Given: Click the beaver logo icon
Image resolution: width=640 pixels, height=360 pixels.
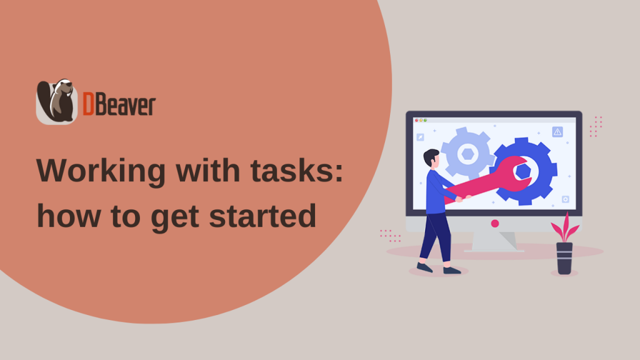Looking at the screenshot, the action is pos(57,102).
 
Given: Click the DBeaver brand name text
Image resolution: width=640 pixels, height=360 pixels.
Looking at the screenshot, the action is pos(119,104).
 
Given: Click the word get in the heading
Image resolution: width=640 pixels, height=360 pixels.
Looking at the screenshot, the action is pos(176,218).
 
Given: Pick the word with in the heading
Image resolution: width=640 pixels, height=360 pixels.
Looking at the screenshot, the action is pos(207,170).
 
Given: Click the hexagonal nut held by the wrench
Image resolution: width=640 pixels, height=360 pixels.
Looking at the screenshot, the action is pos(523,171).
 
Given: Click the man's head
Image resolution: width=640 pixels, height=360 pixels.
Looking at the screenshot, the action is pos(432,158).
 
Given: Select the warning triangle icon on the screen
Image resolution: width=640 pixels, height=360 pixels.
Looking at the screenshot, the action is pos(557,132).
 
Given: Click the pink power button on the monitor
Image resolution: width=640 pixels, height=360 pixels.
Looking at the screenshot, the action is pos(495,223).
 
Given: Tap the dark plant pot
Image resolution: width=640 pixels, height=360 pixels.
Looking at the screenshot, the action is pos(564,258).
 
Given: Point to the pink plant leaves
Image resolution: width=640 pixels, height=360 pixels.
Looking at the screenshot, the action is pos(565,228).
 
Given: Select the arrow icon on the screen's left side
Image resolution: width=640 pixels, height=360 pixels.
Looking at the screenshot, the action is pos(420,137).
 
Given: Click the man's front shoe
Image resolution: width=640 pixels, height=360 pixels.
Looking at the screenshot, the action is pos(452,270).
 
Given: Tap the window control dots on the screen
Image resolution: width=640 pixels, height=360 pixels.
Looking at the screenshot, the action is pos(421,121).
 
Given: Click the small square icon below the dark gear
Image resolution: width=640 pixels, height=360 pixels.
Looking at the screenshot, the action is pos(565,199).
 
